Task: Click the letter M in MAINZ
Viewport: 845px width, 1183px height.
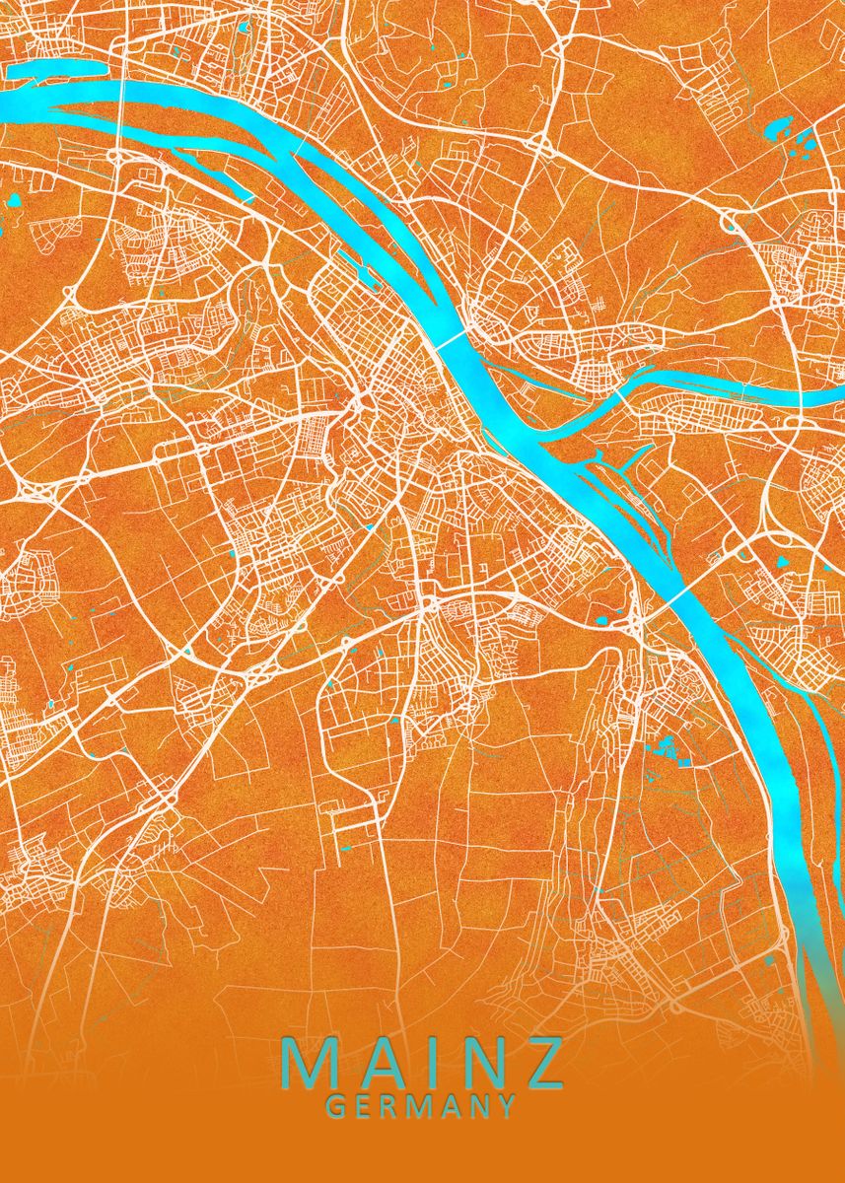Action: [x=309, y=1061]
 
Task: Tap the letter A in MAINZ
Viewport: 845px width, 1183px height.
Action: [x=375, y=1061]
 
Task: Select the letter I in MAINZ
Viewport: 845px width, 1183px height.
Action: [x=424, y=1061]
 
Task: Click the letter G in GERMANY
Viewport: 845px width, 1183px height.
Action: [x=335, y=1106]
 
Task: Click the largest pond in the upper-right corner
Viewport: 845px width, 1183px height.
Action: [x=778, y=128]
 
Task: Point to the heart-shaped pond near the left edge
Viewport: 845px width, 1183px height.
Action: [x=15, y=201]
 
